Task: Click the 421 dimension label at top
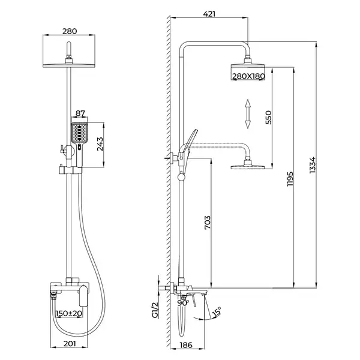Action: point(209,14)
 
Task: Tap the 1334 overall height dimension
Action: point(313,165)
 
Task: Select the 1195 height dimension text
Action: point(290,179)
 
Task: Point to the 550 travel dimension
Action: point(268,118)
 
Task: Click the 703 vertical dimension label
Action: point(208,223)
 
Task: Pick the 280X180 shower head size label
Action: point(248,76)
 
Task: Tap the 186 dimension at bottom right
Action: point(186,345)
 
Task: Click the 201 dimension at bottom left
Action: point(70,343)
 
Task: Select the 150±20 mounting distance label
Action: point(68,313)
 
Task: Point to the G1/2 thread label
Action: point(155,310)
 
